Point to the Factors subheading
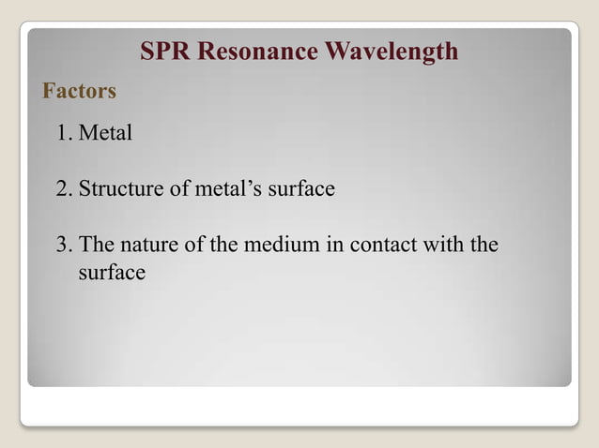click(79, 91)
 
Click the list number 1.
click(63, 133)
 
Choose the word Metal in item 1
click(105, 133)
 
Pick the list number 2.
click(63, 189)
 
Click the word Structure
click(119, 189)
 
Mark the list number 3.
click(63, 246)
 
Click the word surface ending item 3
click(111, 273)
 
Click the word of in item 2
click(177, 189)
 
